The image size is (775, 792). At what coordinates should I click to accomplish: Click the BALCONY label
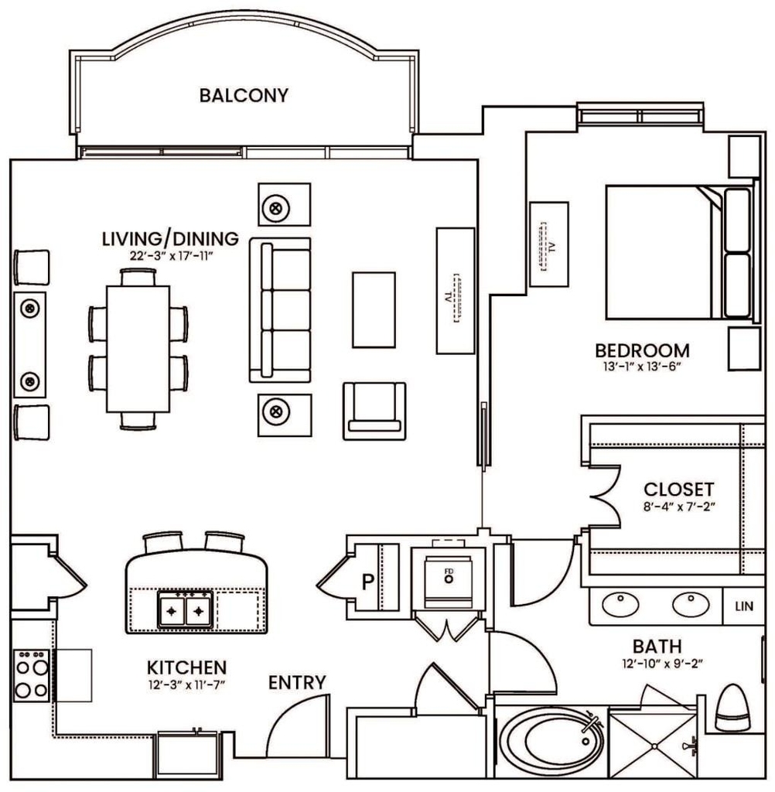click(x=244, y=95)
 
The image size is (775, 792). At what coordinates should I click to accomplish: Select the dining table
click(x=138, y=349)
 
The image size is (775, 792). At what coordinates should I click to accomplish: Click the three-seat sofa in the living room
click(x=280, y=310)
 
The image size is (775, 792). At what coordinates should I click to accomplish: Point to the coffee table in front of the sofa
click(x=374, y=309)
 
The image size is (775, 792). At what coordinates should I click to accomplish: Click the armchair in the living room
click(x=374, y=411)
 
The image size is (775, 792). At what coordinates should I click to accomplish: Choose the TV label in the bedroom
click(x=552, y=247)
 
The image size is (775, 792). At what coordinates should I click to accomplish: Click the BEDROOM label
click(x=642, y=350)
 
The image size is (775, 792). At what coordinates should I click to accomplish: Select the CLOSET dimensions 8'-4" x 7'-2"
click(x=680, y=506)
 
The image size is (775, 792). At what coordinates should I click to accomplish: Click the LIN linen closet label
click(x=744, y=606)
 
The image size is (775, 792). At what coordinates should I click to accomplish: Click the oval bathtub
click(x=551, y=740)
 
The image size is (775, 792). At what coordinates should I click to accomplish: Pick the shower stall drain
click(x=654, y=746)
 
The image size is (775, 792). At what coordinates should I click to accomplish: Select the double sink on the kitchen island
click(x=186, y=609)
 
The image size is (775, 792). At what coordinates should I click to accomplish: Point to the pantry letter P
click(x=368, y=582)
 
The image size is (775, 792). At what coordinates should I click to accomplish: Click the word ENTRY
click(x=297, y=682)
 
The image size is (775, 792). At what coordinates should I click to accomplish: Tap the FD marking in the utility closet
click(x=449, y=572)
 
